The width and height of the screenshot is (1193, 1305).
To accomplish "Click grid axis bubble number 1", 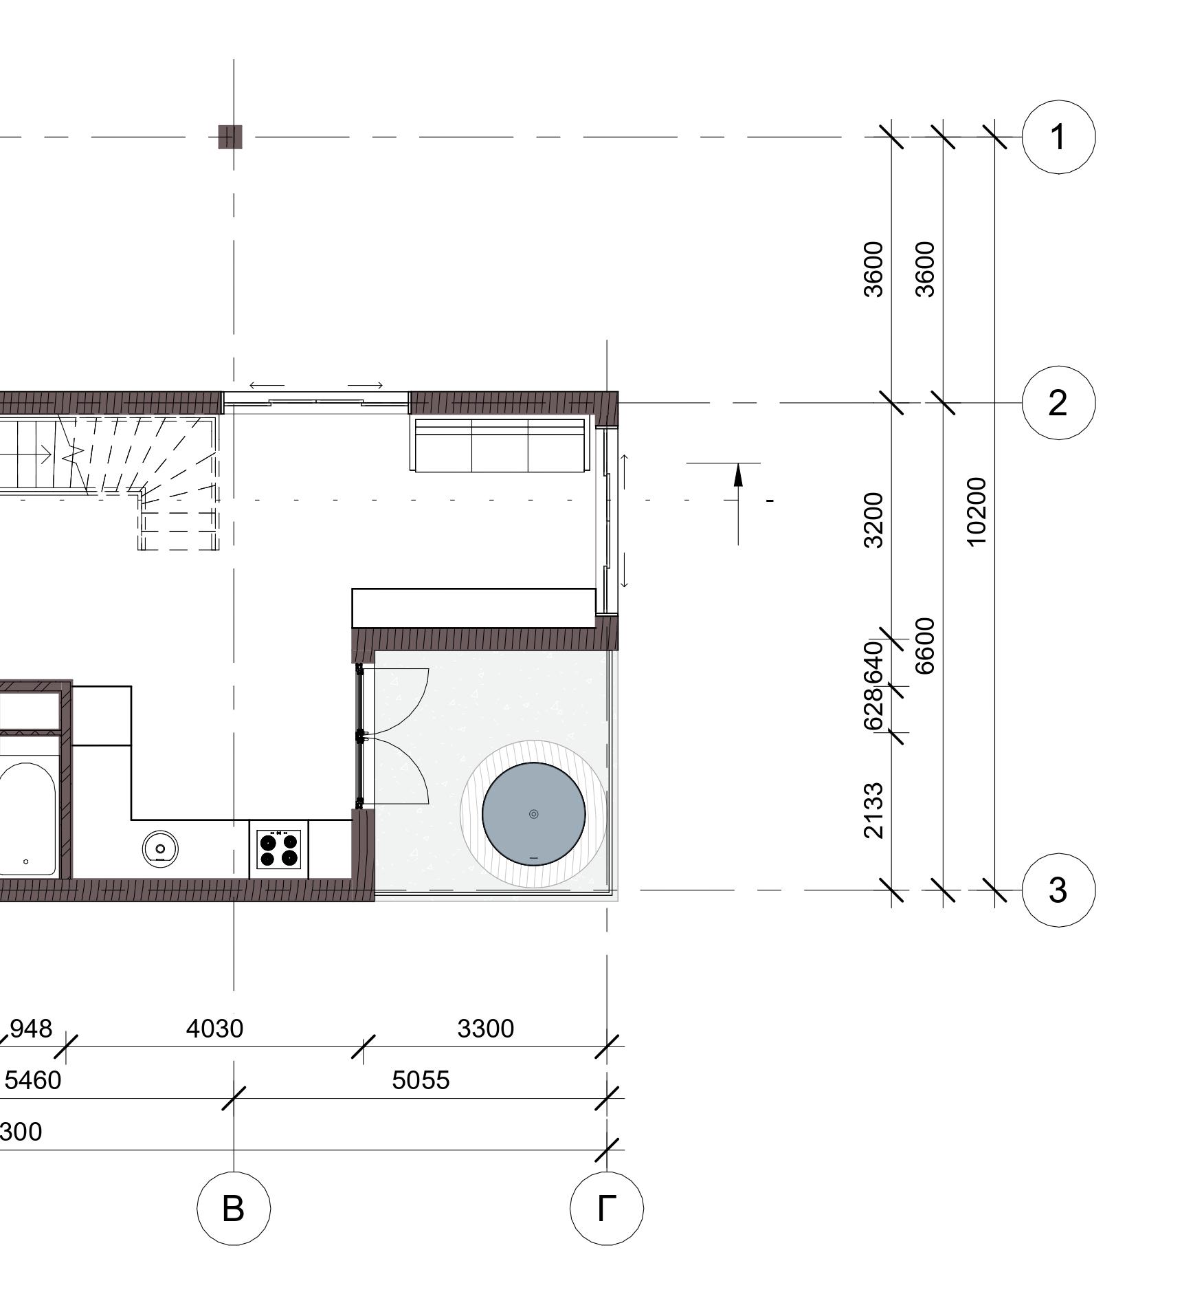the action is [x=1058, y=137].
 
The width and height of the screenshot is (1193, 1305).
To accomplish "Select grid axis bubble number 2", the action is [x=1058, y=403].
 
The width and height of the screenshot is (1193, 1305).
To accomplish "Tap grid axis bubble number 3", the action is [x=1058, y=890].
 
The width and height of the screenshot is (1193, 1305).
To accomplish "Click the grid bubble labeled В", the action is [x=234, y=1208].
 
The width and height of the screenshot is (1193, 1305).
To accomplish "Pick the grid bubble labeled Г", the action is [x=607, y=1208].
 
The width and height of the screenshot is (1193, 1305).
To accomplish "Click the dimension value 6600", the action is [x=925, y=646].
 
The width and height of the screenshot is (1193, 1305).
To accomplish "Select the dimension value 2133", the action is [x=873, y=811].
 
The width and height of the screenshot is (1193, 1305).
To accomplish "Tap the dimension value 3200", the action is [x=873, y=520].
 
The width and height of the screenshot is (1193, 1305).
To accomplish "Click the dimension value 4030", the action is [x=215, y=1029].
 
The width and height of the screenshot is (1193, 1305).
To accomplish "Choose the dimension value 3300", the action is [x=486, y=1029].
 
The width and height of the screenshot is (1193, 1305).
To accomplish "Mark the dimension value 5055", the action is [x=421, y=1080].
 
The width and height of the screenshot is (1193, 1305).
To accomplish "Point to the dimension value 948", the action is [x=31, y=1029].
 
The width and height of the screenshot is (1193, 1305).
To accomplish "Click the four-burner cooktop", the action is [x=278, y=849].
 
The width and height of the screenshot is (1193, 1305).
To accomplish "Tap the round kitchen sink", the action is [x=161, y=847].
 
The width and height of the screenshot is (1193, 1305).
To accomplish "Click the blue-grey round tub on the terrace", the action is [x=534, y=814].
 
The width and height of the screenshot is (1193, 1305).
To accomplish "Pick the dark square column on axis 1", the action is [x=230, y=137].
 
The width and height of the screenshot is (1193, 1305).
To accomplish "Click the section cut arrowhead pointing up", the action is [x=738, y=476].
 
